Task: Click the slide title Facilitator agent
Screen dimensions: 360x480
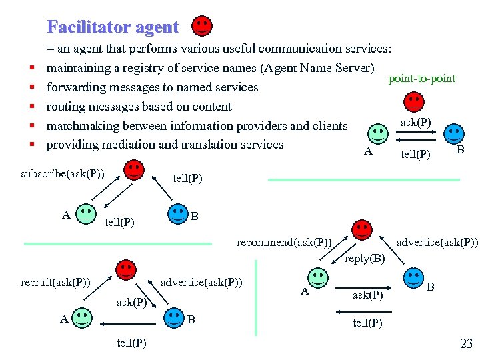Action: (113, 27)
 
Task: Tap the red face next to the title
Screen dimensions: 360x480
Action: (202, 26)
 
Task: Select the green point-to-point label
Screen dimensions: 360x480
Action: (422, 79)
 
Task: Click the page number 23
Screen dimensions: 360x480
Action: (466, 344)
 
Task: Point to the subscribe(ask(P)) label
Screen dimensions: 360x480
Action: (63, 174)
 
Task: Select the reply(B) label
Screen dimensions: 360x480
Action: (365, 258)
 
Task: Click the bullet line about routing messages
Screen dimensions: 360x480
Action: (139, 107)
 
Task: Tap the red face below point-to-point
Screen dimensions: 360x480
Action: (414, 101)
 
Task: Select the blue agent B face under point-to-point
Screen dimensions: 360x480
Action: (454, 133)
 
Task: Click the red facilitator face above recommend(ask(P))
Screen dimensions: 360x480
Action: (362, 230)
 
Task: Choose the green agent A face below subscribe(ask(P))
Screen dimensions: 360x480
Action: (85, 213)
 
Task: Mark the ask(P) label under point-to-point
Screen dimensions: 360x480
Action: (415, 122)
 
